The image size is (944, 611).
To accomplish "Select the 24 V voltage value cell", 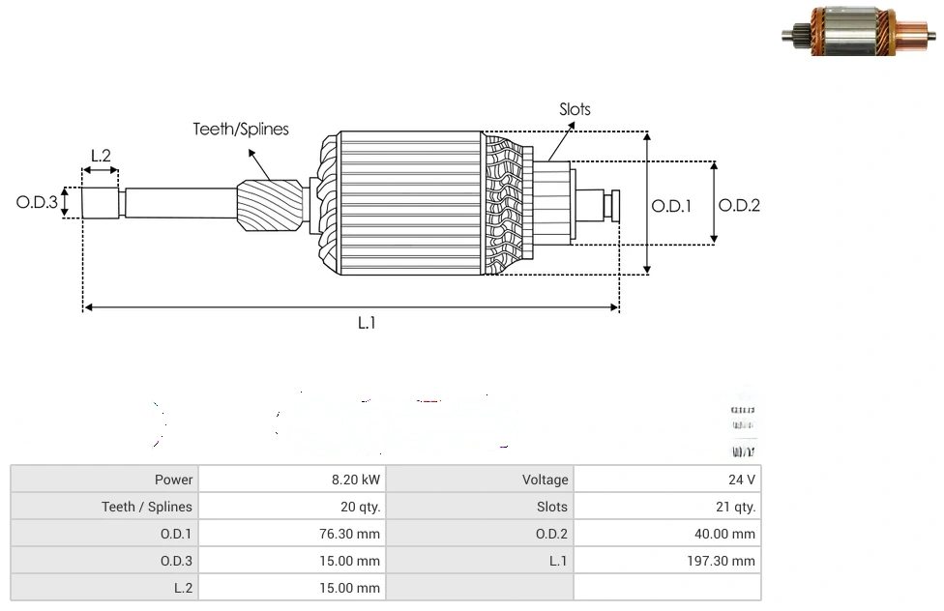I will click(742, 480).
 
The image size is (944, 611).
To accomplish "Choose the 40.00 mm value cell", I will click(731, 534).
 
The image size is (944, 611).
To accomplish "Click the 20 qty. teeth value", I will click(355, 507).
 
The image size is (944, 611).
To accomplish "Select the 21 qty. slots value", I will click(736, 507).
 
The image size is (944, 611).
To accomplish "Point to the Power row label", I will click(173, 480).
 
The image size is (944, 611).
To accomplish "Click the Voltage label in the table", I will click(545, 480).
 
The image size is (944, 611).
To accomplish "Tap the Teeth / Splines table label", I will click(147, 507).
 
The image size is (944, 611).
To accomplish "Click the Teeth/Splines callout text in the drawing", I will click(240, 129).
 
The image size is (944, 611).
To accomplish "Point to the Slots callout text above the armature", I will click(575, 109).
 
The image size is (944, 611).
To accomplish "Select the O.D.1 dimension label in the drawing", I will click(671, 205).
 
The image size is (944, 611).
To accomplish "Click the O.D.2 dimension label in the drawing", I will click(739, 205).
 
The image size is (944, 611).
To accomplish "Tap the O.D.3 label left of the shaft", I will click(37, 203).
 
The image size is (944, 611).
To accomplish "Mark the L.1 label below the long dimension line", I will click(366, 324).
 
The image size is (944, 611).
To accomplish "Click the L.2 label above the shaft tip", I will click(101, 155).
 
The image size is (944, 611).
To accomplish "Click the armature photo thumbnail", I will click(858, 37).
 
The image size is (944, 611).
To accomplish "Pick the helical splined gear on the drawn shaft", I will click(268, 208).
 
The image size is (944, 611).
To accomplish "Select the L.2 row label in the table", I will click(183, 588).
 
